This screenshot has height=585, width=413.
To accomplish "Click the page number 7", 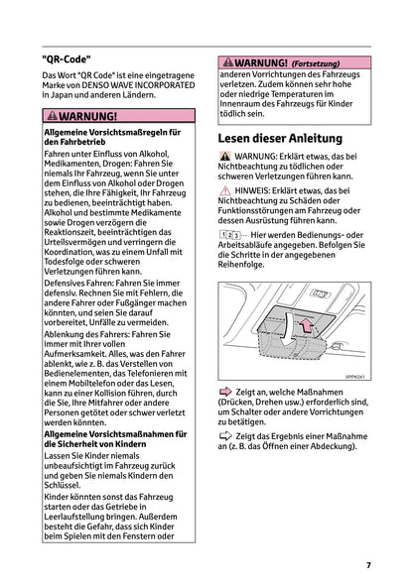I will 367,565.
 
